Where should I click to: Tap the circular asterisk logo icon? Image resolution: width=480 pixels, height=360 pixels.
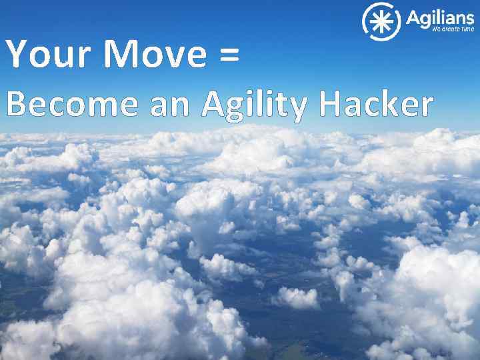pos(381,21)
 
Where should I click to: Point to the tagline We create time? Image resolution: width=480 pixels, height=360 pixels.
pos(453,30)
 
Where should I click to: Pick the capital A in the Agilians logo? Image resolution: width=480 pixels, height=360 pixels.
pos(413,18)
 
